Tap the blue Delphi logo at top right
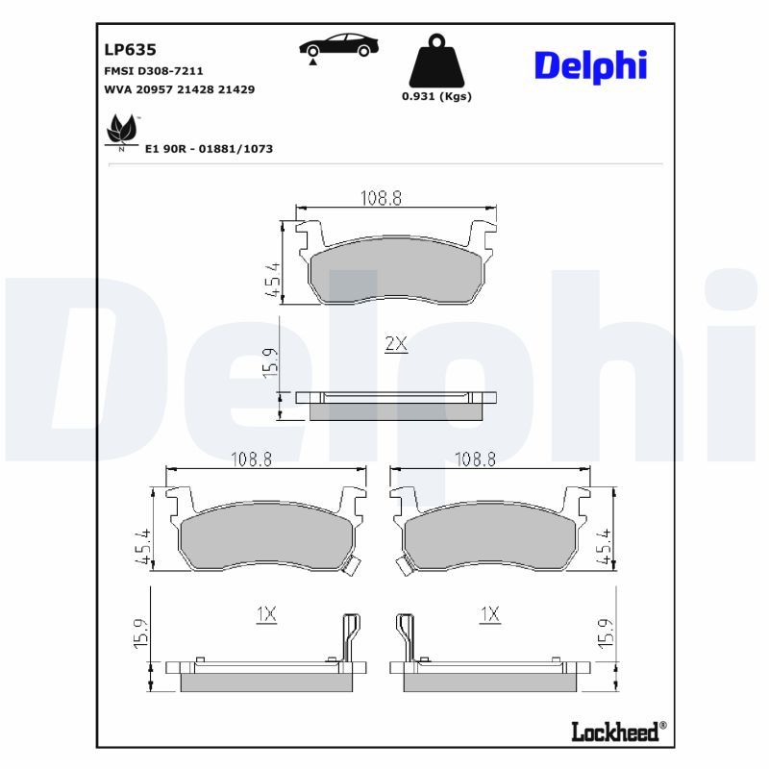coord(590,65)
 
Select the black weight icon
coord(435,62)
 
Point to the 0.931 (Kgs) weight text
coord(436,96)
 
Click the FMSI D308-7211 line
coord(153,71)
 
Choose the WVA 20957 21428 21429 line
coord(179,88)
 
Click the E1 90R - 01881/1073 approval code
coord(209,149)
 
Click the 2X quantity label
coord(396,344)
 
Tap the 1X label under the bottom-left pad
coord(266,613)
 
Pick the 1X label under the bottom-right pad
coord(490,613)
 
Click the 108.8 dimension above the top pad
coord(381,198)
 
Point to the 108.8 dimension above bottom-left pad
coord(251,459)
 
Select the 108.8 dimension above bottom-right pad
coord(475,459)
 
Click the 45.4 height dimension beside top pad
coord(273,280)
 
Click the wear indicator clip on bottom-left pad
coord(352,566)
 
